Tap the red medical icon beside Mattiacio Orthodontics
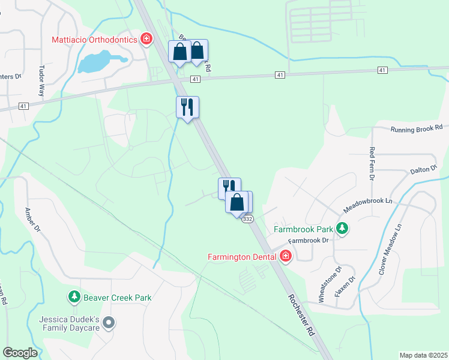[x=145, y=40]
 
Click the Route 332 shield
[x=248, y=220]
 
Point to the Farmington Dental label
[x=242, y=257]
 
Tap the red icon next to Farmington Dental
[x=286, y=257]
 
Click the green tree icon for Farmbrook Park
[x=342, y=229]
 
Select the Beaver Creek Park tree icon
[x=74, y=297]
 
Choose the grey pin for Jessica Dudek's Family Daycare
[x=109, y=324]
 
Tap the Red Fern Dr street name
[x=372, y=164]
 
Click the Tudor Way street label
[x=41, y=81]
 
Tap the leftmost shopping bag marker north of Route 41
[x=179, y=52]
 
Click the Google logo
[x=20, y=352]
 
